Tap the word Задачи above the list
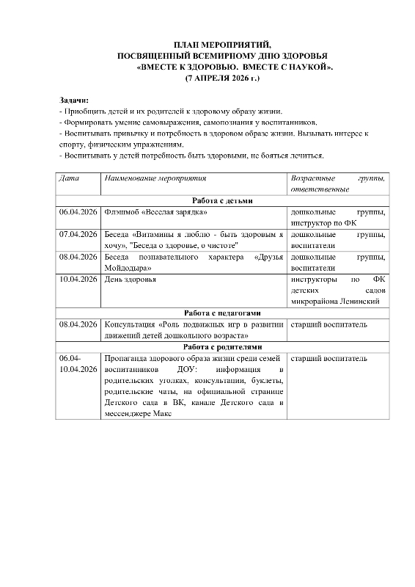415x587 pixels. [x=73, y=99]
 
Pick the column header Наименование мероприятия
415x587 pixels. [x=155, y=178]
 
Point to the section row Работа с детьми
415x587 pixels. [x=223, y=200]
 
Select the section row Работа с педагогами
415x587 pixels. [x=223, y=312]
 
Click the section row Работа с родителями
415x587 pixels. [x=223, y=346]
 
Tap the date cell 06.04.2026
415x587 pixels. [x=78, y=212]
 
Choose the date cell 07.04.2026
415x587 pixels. [x=78, y=235]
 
